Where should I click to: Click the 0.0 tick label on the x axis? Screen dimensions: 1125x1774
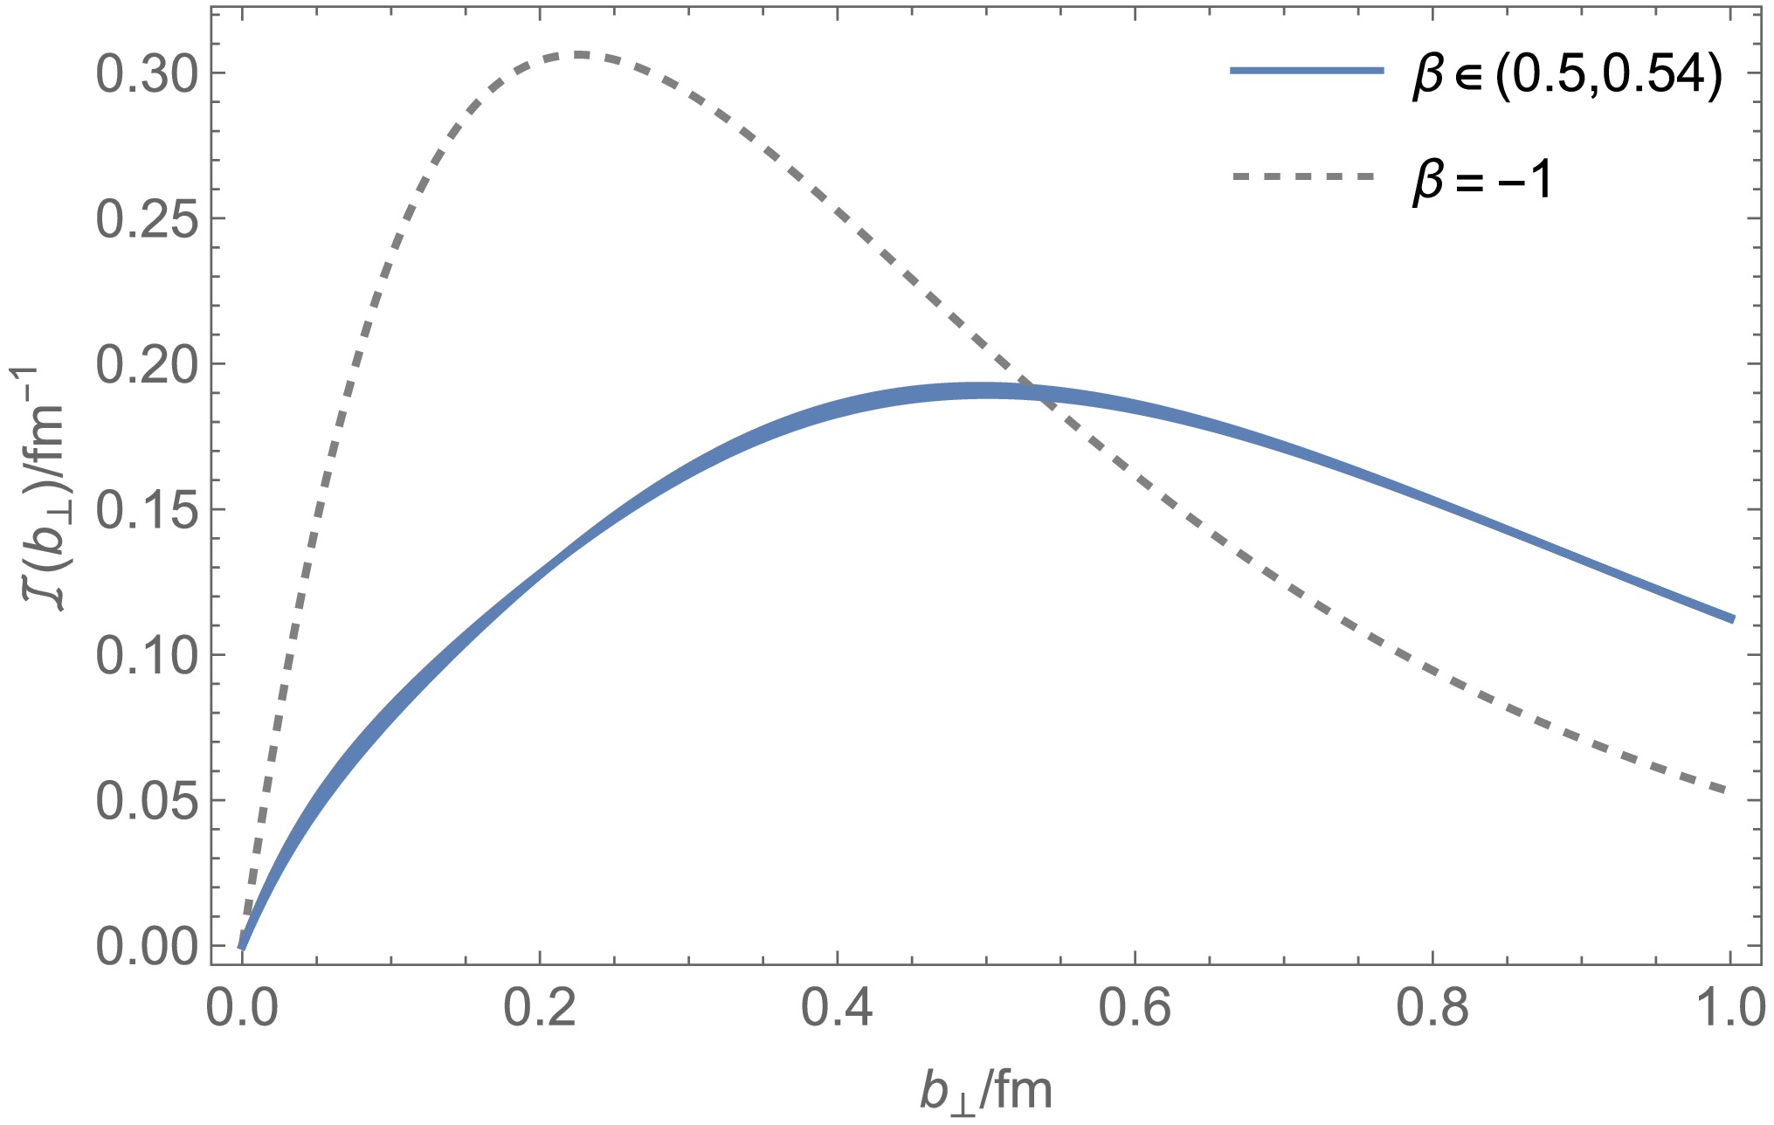[x=242, y=1009]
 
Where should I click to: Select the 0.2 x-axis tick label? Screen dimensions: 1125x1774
[x=540, y=1009]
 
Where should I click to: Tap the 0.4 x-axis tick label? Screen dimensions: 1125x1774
[x=837, y=1009]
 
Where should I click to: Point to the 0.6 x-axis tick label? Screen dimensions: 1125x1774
[x=1135, y=1009]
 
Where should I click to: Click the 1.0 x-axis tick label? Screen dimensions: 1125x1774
[x=1728, y=1009]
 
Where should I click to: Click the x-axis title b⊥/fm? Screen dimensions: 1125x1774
[x=985, y=1091]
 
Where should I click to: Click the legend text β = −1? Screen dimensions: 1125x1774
[x=1481, y=179]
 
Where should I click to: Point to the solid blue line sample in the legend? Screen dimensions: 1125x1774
[x=1308, y=71]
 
